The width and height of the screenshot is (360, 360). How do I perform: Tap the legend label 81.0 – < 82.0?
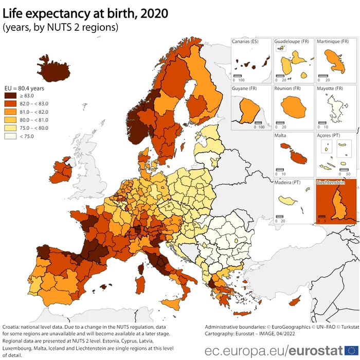coord(34,112)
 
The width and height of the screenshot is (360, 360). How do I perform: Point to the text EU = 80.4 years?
coord(25,87)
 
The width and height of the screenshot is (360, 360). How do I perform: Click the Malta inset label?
coord(281,136)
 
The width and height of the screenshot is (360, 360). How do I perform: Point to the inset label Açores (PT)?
coord(328,136)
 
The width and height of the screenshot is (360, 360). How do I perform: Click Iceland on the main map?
coord(55,68)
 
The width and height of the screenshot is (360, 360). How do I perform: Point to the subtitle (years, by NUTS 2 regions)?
coord(60,27)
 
